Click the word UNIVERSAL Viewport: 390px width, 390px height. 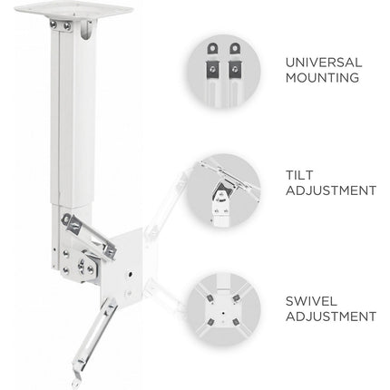324,63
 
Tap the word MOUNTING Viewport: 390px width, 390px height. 322,78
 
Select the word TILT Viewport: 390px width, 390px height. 299,175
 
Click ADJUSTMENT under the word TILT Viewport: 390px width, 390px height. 331,190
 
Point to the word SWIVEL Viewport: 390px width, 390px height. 311,301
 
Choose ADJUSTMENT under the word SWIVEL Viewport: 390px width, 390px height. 331,317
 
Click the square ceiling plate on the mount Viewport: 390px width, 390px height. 73,10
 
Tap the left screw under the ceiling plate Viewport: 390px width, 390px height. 54,24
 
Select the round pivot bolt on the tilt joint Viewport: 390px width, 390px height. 82,266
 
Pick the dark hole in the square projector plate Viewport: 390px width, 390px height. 130,275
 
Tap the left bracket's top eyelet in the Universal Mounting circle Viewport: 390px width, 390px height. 212,48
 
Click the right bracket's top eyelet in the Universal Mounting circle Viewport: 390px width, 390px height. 235,48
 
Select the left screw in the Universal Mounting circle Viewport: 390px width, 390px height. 212,69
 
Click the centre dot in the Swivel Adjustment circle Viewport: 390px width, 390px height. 223,313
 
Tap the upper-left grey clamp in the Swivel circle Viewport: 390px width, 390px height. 209,299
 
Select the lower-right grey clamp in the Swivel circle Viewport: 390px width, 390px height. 236,322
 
